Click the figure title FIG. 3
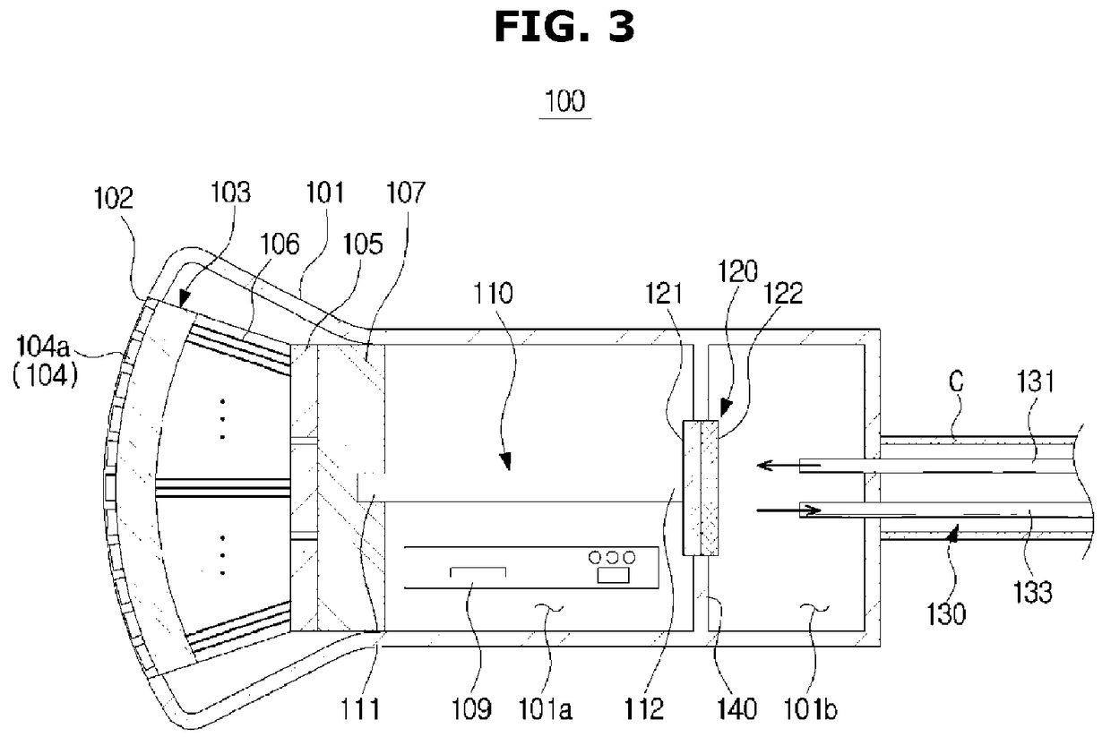(x=564, y=27)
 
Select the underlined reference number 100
(x=565, y=101)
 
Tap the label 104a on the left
(x=43, y=346)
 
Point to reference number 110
(x=493, y=294)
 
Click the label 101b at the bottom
(x=810, y=709)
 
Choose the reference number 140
(x=737, y=709)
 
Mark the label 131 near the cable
(x=1036, y=381)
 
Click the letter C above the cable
(x=956, y=381)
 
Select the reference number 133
(x=1033, y=592)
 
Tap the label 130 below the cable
(x=946, y=614)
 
